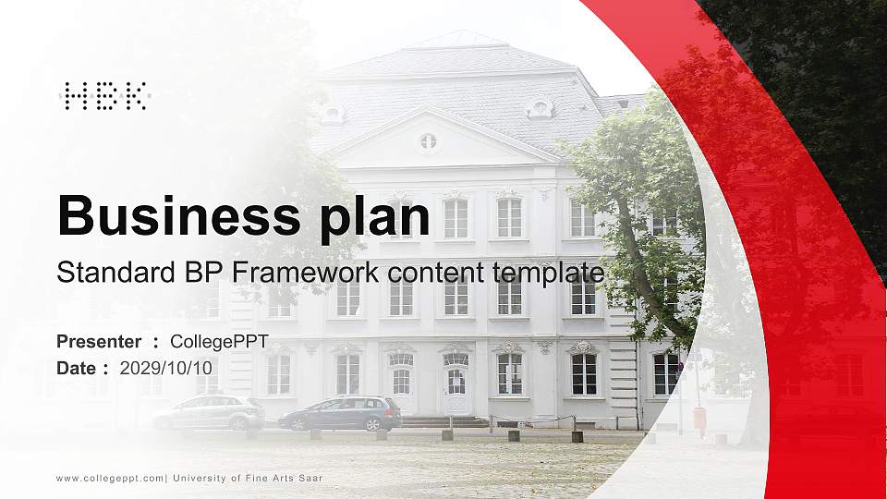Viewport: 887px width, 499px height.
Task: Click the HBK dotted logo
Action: (104, 96)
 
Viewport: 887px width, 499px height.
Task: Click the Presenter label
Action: (99, 342)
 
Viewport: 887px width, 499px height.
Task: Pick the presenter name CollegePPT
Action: (219, 342)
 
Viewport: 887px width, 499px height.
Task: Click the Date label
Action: (77, 368)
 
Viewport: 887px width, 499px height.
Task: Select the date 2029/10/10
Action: (166, 368)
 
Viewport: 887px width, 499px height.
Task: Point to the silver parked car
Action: (208, 412)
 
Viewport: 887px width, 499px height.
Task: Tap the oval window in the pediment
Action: (427, 141)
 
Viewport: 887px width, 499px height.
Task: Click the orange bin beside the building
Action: (699, 417)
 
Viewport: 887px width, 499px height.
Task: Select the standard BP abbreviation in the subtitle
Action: (214, 274)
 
